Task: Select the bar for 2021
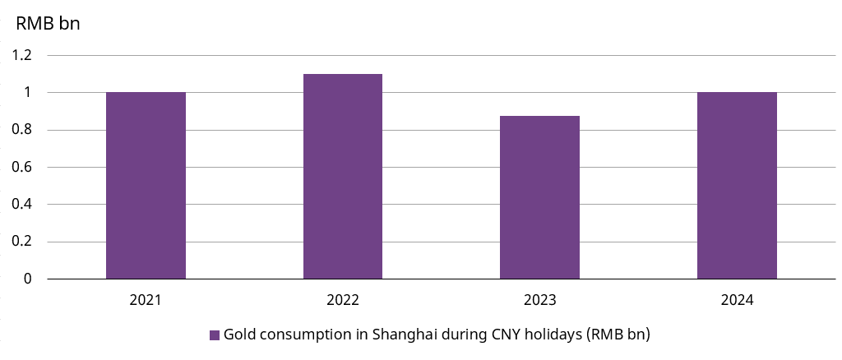(x=146, y=185)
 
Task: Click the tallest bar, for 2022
(x=343, y=176)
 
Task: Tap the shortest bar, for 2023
(x=539, y=197)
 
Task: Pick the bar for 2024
(x=737, y=185)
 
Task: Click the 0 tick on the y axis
(x=27, y=279)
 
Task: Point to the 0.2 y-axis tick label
(x=22, y=242)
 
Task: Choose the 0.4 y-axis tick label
(x=22, y=204)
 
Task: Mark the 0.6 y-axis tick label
(x=22, y=167)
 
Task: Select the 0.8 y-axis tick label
(x=22, y=130)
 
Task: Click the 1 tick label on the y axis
(x=27, y=92)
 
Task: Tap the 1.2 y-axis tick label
(x=22, y=55)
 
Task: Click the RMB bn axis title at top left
(x=48, y=23)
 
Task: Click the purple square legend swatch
(x=215, y=335)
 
